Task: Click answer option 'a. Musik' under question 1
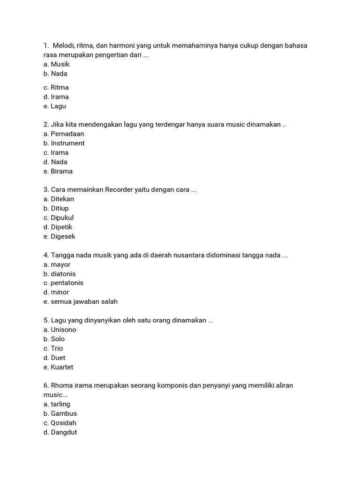pos(56,64)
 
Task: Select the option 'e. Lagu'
pos(55,106)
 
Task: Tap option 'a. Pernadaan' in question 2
pos(64,134)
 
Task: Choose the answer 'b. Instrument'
pos(64,143)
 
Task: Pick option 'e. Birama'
pos(58,171)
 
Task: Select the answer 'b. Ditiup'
pos(56,209)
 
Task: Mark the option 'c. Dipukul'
pos(59,218)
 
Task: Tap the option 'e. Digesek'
pos(60,237)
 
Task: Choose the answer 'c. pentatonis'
pos(63,283)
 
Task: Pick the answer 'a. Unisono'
pos(60,330)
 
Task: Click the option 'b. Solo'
pos(54,339)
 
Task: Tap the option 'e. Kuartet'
pos(59,367)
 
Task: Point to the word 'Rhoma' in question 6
pos(61,386)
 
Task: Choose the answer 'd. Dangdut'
pos(60,432)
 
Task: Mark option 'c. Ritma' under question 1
pos(56,88)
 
